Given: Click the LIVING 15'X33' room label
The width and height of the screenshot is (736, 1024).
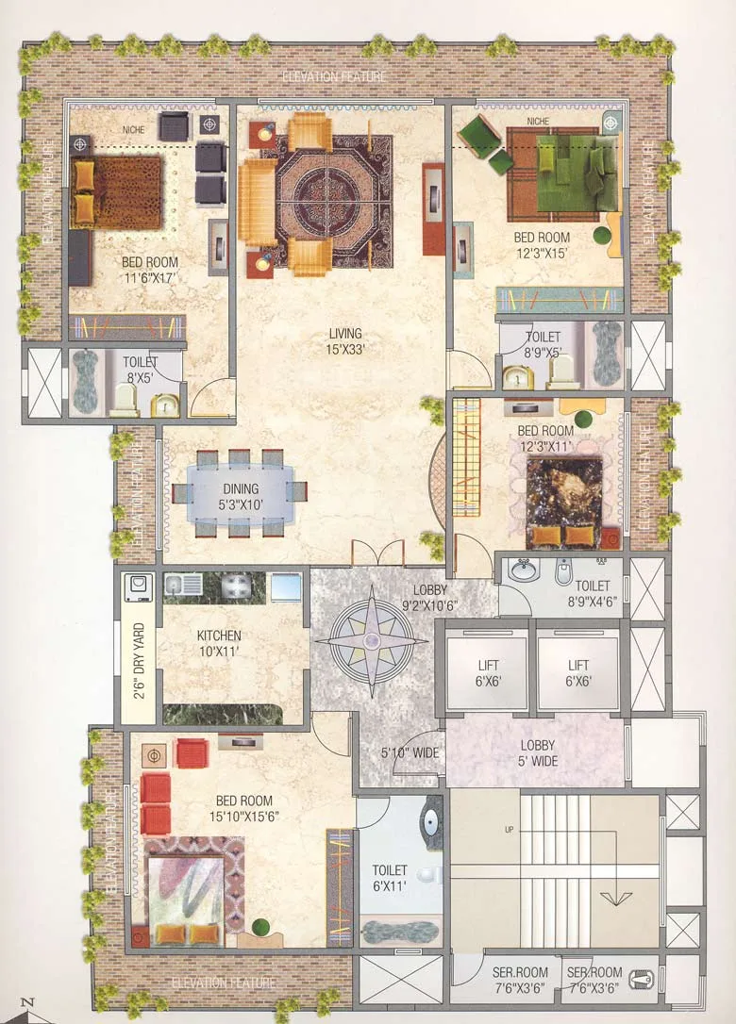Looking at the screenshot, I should click(x=345, y=340).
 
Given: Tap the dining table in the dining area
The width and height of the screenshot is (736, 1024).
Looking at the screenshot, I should click(x=241, y=493).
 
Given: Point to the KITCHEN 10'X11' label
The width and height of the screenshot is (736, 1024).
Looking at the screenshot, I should click(x=219, y=643).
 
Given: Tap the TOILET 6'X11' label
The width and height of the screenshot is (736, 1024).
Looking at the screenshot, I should click(x=390, y=878).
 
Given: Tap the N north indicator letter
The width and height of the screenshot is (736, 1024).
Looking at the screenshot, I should click(x=29, y=1003).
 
